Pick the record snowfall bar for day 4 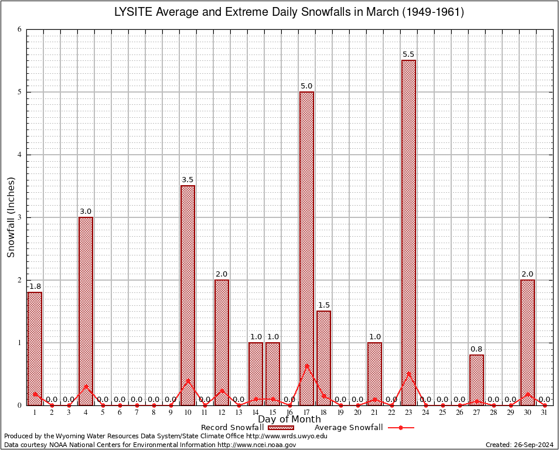[86, 311]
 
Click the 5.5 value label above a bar [408, 54]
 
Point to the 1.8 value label [35, 286]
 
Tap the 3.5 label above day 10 [188, 180]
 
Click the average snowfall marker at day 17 [306, 366]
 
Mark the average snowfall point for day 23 [408, 373]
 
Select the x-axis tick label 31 [544, 412]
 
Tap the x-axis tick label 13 [238, 412]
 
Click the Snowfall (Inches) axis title [11, 217]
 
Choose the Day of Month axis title [289, 419]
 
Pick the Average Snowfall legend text [348, 428]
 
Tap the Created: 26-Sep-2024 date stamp [519, 445]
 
